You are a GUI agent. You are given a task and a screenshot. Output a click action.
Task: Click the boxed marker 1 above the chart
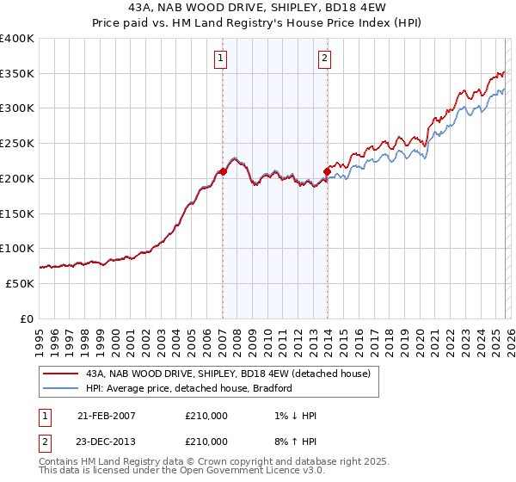pyautogui.click(x=221, y=59)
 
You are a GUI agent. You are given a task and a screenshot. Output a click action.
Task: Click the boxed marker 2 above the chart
pyautogui.click(x=325, y=59)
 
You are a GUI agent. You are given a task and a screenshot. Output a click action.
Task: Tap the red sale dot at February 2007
pyautogui.click(x=223, y=171)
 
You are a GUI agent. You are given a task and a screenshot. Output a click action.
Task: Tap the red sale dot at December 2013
pyautogui.click(x=327, y=171)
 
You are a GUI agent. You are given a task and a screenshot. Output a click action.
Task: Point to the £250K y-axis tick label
pyautogui.click(x=17, y=143)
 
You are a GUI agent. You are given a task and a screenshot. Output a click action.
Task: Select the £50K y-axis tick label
pyautogui.click(x=21, y=283)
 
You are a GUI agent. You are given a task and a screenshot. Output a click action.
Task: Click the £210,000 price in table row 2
pyautogui.click(x=206, y=442)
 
